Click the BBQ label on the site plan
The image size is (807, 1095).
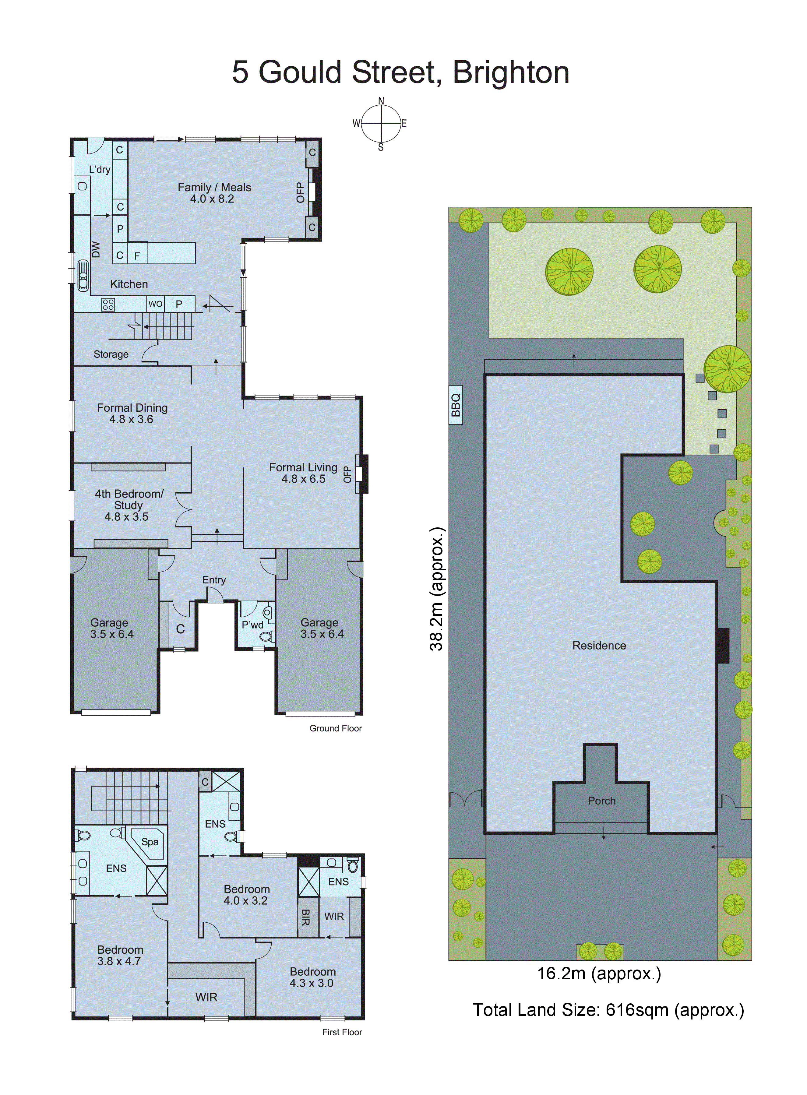pos(455,405)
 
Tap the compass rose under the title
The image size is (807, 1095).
pos(381,124)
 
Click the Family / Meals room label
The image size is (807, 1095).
pos(214,188)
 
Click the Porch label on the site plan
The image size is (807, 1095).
pos(601,801)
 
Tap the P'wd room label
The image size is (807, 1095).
pos(252,625)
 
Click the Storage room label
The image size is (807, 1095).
pos(111,354)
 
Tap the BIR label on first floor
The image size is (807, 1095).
pos(306,917)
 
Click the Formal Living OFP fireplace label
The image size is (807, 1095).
pos(347,474)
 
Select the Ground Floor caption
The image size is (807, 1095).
pos(336,728)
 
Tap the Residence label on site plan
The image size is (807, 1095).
pos(599,646)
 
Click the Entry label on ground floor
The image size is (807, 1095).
pos(214,580)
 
